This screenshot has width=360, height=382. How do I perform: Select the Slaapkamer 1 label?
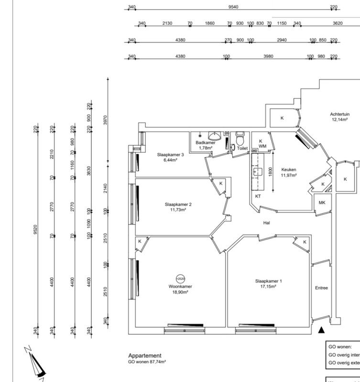coord(268,281)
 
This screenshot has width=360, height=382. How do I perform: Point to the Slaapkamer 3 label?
coord(171,155)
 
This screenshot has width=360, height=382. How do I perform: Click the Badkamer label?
coord(205,143)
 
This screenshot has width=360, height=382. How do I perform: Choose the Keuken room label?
coord(289,170)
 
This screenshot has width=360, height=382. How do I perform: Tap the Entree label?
coord(321,288)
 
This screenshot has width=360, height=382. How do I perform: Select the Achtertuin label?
coord(340,115)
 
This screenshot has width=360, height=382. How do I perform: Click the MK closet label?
coord(322,203)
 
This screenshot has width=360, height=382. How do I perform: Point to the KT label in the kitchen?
coord(258,196)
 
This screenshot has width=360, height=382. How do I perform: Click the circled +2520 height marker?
coord(180,278)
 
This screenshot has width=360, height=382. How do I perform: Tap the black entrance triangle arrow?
coord(321,329)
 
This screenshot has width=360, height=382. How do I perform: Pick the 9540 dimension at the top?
coord(233,7)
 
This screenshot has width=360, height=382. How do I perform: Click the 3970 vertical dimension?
coord(106,120)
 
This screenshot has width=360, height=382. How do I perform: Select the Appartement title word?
coord(145,356)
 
